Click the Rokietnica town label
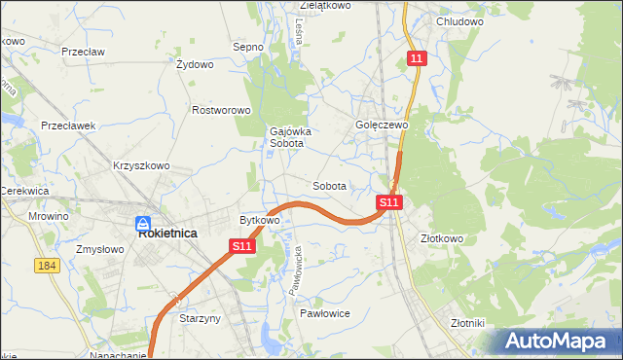(x=168, y=234)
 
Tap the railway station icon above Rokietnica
(x=142, y=222)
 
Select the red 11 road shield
(x=417, y=59)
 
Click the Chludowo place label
(x=460, y=21)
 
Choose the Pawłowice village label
(x=324, y=313)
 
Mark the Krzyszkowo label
(x=141, y=165)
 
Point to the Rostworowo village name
(x=222, y=110)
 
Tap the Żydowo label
(x=195, y=65)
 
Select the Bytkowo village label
(x=260, y=220)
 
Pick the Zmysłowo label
(x=99, y=249)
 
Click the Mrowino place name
(x=48, y=216)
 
